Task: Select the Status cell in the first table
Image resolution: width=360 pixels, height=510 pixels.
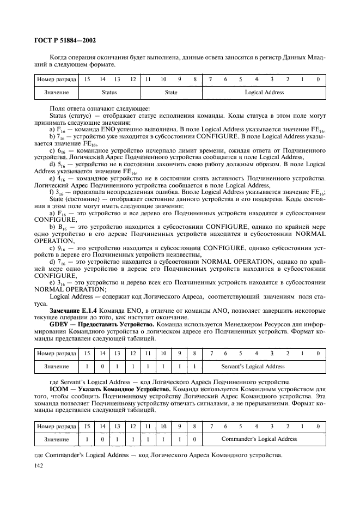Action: [109, 93]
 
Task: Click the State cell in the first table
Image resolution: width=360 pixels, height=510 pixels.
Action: [171, 93]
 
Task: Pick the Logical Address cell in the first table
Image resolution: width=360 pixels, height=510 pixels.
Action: [264, 93]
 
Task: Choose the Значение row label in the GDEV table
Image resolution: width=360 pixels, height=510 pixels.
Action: [57, 366]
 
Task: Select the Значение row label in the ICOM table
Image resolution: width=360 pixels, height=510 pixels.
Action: [57, 438]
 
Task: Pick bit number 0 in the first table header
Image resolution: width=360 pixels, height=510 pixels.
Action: [318, 80]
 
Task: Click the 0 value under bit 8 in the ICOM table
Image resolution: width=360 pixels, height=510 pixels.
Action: [194, 438]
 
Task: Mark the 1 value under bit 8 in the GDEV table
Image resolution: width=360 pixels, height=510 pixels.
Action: [194, 366]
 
